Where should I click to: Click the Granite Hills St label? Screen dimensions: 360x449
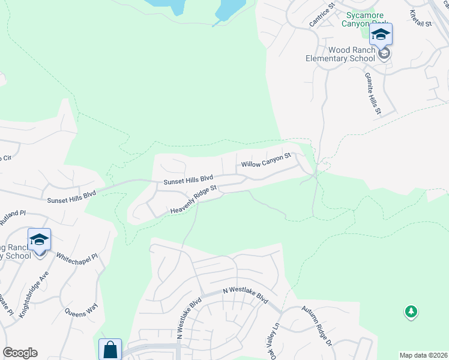point(372,94)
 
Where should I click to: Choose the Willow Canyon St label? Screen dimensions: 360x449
point(266,160)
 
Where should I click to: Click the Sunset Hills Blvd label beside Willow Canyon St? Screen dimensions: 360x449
point(189,179)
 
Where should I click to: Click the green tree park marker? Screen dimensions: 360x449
point(411,311)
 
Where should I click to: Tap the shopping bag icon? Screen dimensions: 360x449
point(110,349)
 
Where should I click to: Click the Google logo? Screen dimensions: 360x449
point(20,353)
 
